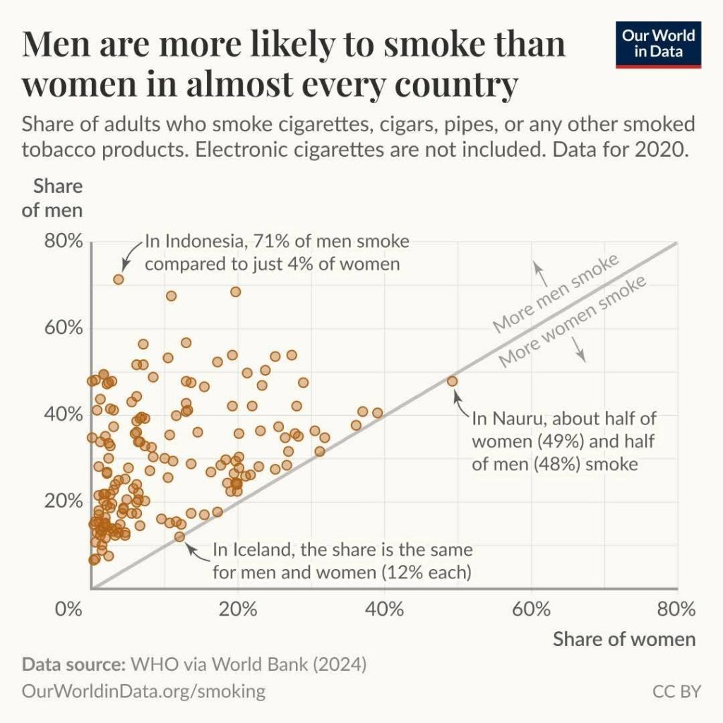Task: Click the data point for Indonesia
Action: pos(119,279)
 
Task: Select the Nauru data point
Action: pos(452,381)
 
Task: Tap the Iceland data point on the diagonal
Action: pos(179,537)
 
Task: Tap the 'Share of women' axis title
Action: pos(623,639)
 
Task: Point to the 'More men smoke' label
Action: pos(556,292)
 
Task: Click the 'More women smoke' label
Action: pos(573,322)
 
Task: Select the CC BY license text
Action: pos(676,691)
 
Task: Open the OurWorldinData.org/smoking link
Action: pos(144,691)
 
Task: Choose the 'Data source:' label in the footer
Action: pos(72,664)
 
